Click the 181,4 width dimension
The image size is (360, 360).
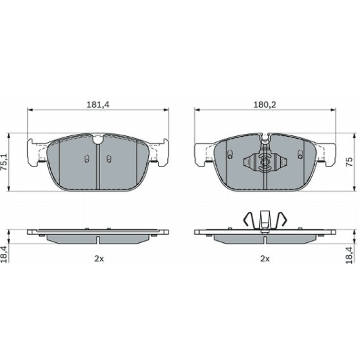(x=98, y=105)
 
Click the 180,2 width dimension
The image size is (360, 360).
(x=265, y=105)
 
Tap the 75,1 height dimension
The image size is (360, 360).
(x=4, y=162)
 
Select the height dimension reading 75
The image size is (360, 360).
(x=349, y=162)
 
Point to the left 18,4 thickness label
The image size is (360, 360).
(x=4, y=254)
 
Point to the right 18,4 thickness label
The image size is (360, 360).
(x=349, y=255)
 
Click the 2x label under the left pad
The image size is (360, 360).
(x=99, y=259)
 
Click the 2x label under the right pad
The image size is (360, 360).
(x=265, y=259)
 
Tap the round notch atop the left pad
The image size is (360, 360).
(x=98, y=139)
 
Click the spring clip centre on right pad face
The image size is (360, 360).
(x=265, y=162)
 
